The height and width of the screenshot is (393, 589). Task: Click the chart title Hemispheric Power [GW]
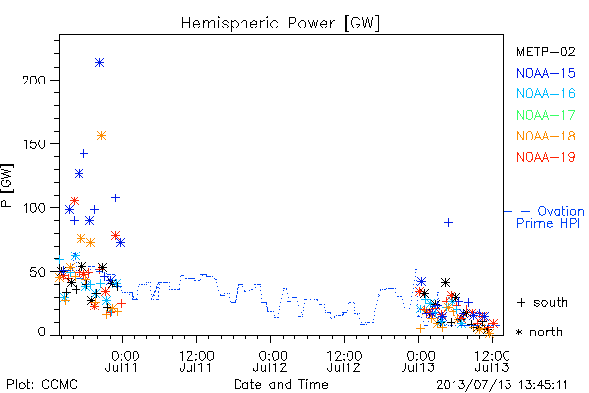click(x=280, y=23)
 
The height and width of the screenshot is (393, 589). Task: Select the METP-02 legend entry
click(x=546, y=51)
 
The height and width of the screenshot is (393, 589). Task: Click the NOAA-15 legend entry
click(x=546, y=73)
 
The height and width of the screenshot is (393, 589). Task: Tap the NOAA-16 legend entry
click(x=546, y=93)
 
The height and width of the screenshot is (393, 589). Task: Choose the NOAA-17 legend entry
click(x=546, y=115)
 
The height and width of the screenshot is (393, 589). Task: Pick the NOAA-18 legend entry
click(x=546, y=136)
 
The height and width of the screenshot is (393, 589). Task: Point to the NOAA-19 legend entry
click(x=546, y=157)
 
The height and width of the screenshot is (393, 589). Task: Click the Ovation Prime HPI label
click(x=551, y=217)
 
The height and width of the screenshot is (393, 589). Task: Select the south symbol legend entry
click(x=542, y=302)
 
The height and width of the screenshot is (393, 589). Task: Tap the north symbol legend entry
click(x=539, y=332)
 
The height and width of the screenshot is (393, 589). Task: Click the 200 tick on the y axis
click(x=33, y=81)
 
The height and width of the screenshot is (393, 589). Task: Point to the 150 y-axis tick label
click(x=33, y=144)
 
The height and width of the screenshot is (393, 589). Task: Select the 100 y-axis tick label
click(x=33, y=208)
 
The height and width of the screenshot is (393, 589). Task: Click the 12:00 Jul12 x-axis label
click(x=345, y=362)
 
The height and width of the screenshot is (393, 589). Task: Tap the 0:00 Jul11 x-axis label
click(x=122, y=362)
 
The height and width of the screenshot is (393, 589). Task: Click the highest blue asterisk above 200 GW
click(x=99, y=63)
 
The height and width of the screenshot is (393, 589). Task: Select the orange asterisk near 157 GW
click(x=101, y=135)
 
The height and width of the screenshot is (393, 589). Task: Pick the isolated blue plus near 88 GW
click(x=448, y=223)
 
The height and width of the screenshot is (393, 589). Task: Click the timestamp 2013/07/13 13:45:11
click(x=502, y=385)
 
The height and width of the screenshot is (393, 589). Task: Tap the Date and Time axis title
click(x=281, y=385)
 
